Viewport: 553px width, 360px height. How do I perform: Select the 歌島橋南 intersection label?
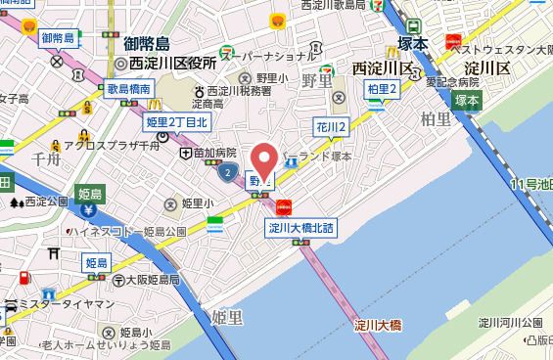pos(129,89)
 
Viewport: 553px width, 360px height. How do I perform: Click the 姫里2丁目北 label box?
pos(177,122)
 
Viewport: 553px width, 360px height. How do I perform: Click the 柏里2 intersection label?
pos(382,90)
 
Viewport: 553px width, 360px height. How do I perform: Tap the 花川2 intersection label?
pos(332,128)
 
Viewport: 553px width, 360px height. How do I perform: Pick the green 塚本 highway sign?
pos(466,101)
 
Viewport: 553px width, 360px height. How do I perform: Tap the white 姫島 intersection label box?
pos(96,263)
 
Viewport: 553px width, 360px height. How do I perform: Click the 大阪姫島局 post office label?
pos(148,279)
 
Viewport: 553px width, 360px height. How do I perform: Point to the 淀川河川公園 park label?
pos(510,322)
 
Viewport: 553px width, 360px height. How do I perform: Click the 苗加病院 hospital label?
pos(213,153)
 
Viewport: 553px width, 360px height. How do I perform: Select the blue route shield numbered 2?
pos(227,173)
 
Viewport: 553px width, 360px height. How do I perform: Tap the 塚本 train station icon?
pos(414,26)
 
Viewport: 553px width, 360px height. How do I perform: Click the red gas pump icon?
pos(284,206)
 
